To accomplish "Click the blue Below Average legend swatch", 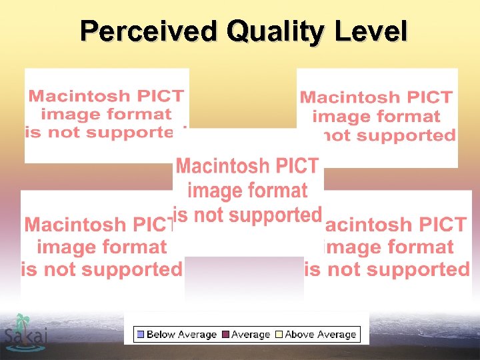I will point(141,335).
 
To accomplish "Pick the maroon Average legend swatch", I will point(225,335).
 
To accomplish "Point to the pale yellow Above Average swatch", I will point(279,335).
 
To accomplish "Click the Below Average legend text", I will point(181,335).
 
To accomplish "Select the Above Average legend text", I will point(321,335).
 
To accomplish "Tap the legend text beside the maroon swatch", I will point(251,335).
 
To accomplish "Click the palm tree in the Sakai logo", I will point(24,323).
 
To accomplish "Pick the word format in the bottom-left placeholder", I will point(128,247).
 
